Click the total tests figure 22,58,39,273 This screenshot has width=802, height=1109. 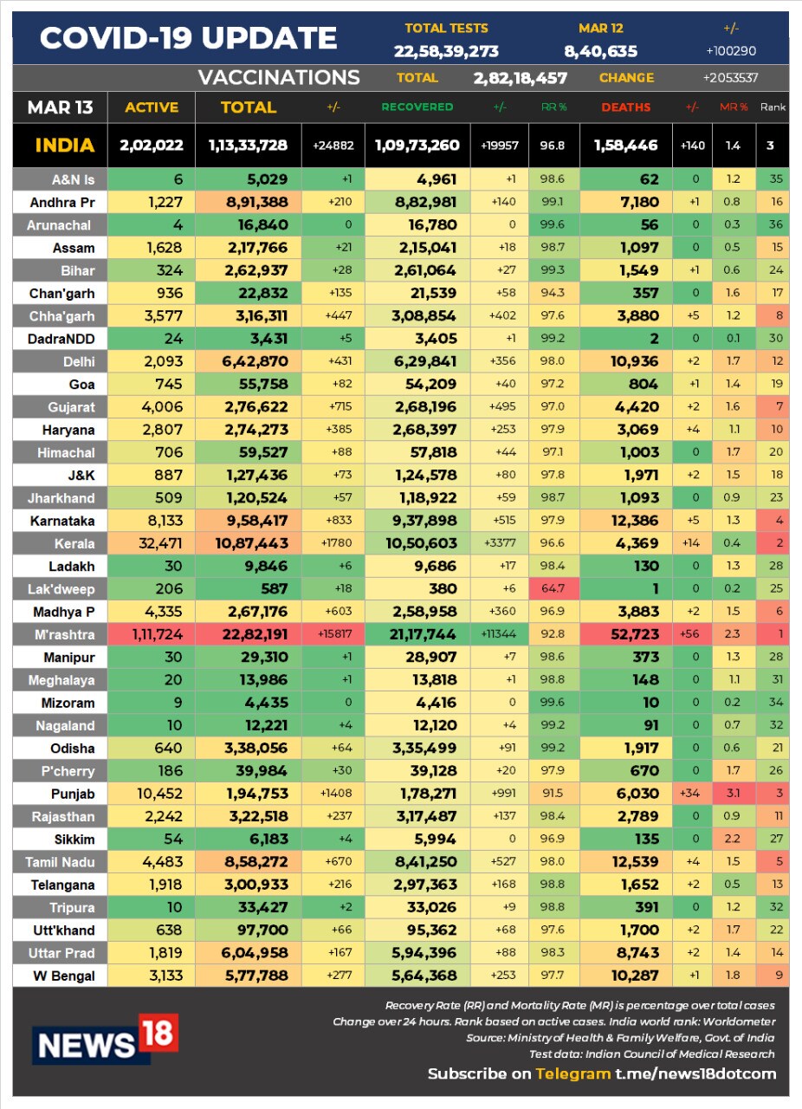coord(446,51)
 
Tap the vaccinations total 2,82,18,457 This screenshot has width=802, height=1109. coord(521,78)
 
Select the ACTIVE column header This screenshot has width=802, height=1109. coord(152,107)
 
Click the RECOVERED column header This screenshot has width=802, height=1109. coord(417,107)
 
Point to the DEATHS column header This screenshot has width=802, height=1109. coord(626,107)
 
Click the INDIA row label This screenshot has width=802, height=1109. coord(64,145)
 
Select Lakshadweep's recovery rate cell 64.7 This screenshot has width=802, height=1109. coord(553,588)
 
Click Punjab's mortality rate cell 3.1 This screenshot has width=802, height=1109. coord(734,793)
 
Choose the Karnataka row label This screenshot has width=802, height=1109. coord(62,521)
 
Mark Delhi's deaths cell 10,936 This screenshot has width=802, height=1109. coord(634,361)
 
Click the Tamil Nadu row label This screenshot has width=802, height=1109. coord(60,862)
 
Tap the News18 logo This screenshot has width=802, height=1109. coord(105,1039)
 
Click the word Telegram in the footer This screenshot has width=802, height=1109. coord(572,1073)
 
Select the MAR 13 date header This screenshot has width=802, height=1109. coord(60,107)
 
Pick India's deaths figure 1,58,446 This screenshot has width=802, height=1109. coord(626,145)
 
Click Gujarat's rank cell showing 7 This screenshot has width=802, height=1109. coord(779,406)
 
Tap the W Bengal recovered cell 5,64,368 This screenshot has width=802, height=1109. coord(424,976)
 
